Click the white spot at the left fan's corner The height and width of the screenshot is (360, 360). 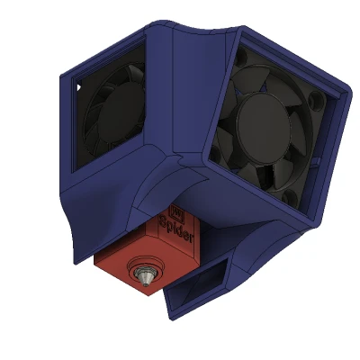pos(78,87)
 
